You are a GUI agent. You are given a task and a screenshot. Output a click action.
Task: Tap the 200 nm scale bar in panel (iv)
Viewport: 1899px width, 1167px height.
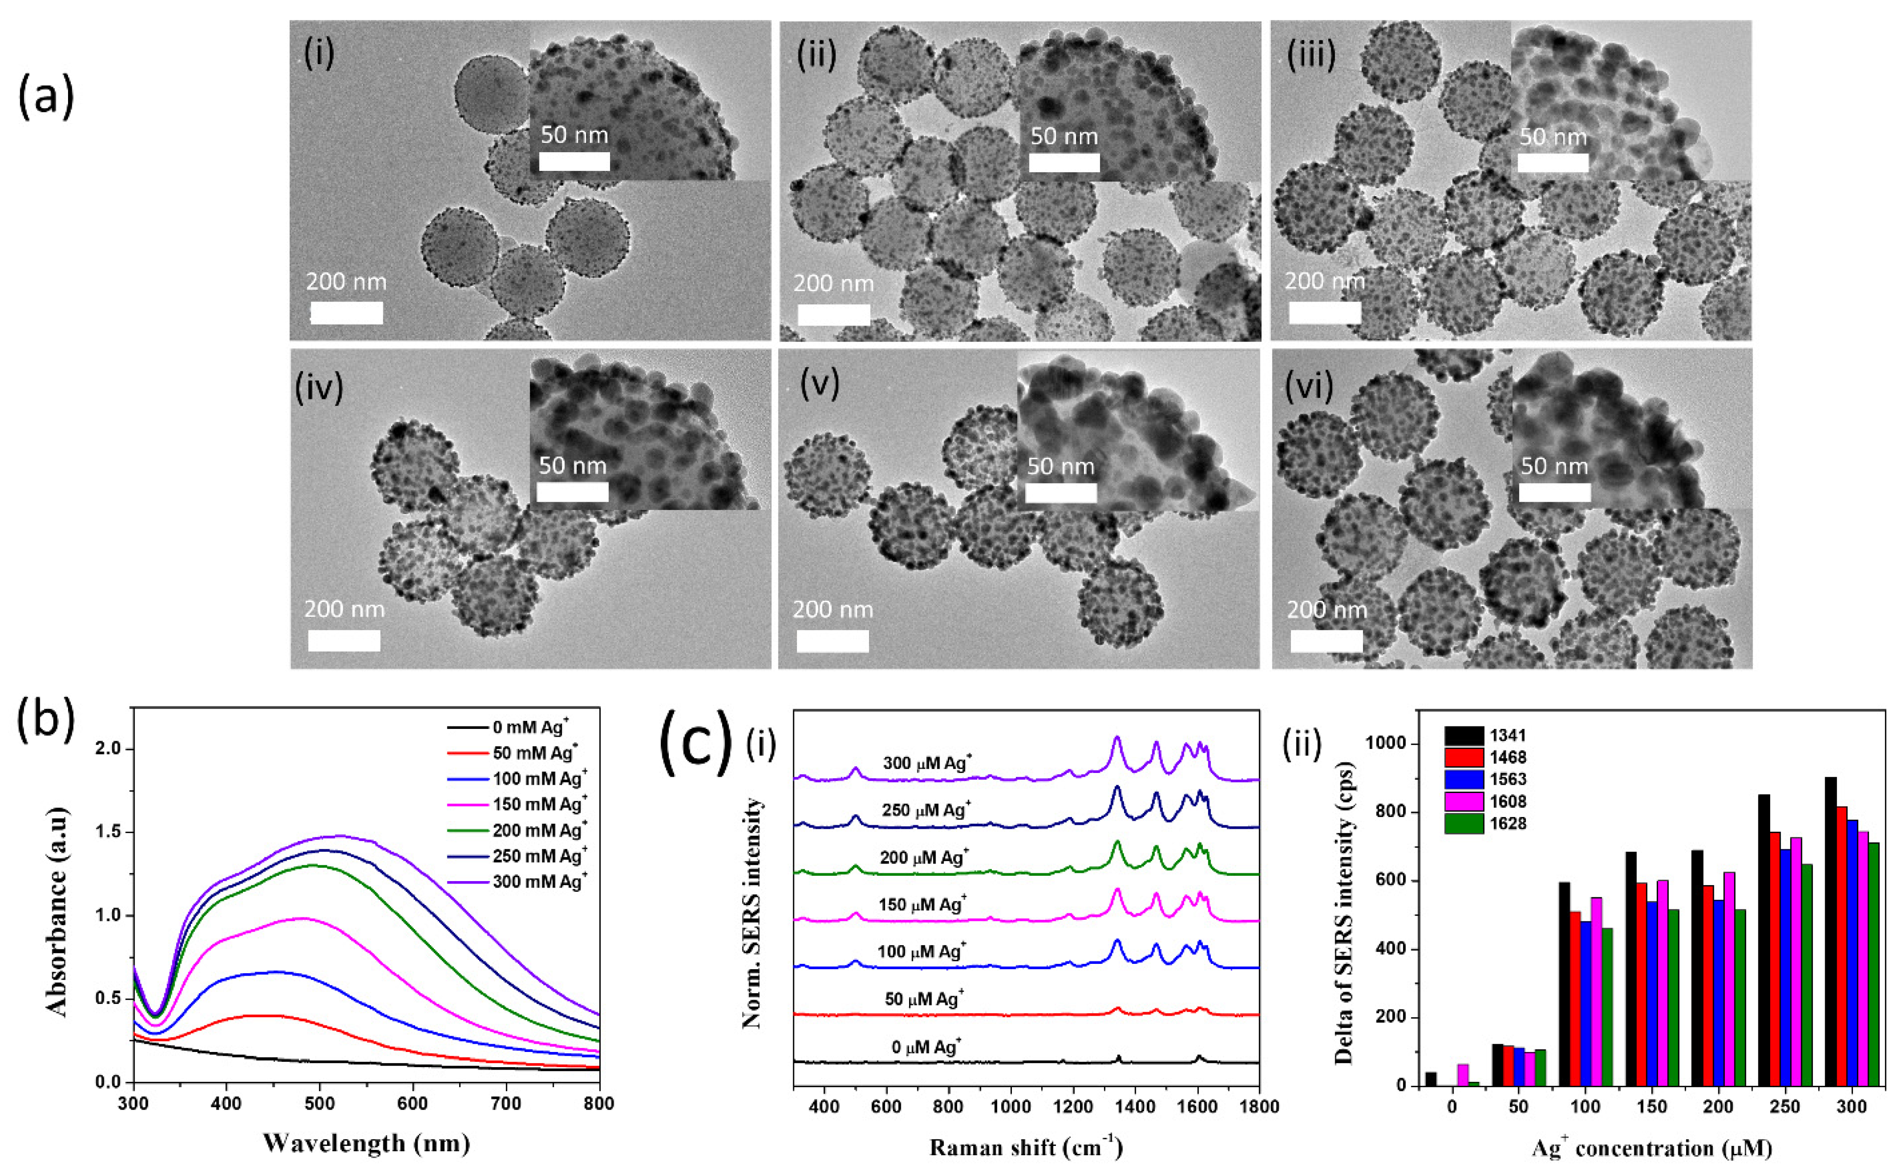tap(344, 641)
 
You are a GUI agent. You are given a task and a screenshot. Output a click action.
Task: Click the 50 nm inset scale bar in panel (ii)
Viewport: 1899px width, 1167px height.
tap(1064, 162)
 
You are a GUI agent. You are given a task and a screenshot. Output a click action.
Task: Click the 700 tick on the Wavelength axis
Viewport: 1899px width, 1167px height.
tap(506, 1104)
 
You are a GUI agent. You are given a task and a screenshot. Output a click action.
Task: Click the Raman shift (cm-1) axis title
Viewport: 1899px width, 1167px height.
tap(1026, 1147)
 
